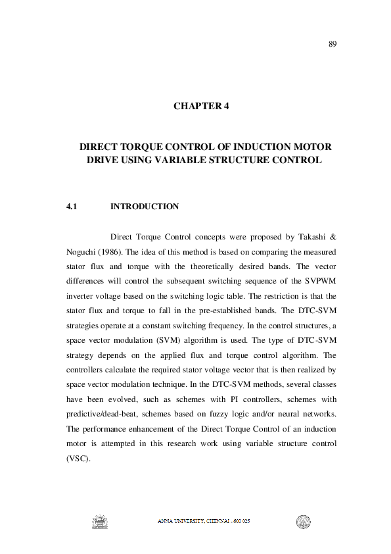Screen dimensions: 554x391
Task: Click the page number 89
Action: [333, 44]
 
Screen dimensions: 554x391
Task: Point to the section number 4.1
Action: [72, 207]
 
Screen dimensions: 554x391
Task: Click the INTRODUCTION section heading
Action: [144, 207]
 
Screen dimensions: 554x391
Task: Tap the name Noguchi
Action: [83, 251]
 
